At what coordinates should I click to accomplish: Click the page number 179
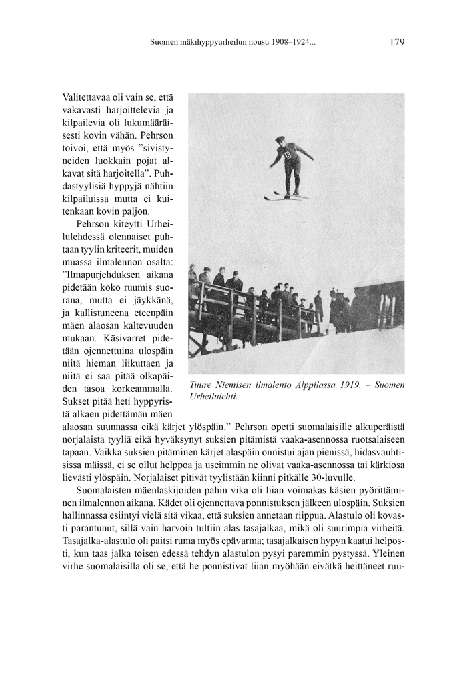point(396,42)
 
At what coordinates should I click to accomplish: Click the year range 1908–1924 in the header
point(294,42)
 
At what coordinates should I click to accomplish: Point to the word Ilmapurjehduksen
point(100,275)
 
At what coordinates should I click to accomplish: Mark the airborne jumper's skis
point(286,196)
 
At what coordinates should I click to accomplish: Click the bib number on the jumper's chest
point(288,155)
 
